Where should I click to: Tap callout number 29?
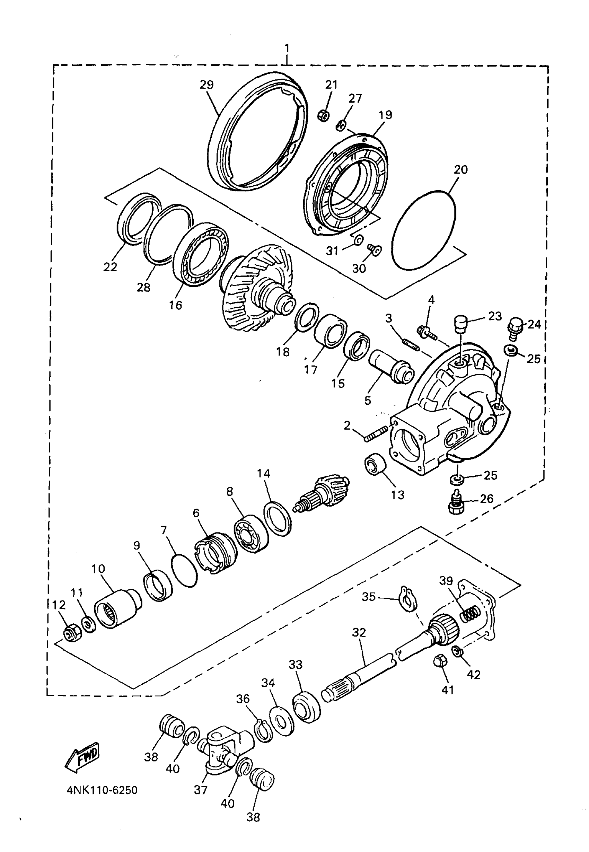tap(206, 85)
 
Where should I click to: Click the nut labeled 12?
tap(70, 634)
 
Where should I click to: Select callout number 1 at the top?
tap(287, 49)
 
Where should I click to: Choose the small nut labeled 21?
tap(323, 115)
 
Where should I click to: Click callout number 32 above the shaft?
tap(359, 632)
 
